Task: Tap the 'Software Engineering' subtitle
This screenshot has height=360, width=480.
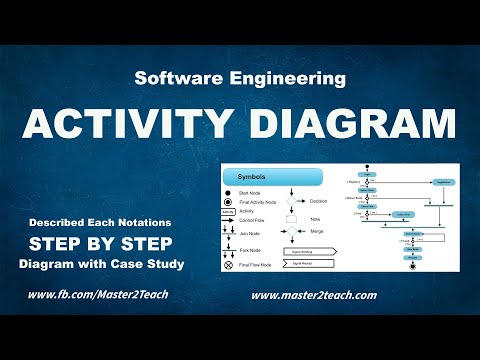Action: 240,78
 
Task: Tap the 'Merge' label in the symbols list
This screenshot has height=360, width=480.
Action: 316,231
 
